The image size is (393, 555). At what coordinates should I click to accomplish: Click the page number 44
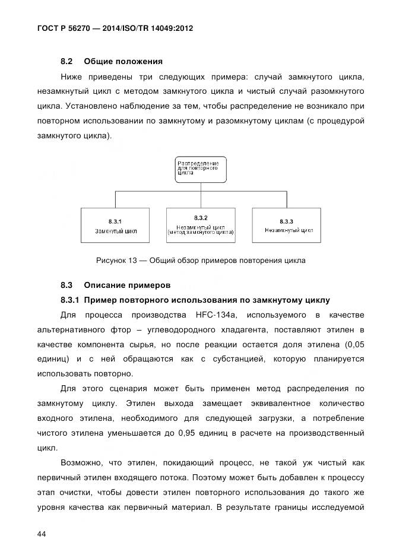42,518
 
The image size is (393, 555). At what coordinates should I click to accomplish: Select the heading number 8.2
66,61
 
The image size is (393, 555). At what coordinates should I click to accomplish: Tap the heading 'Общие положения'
123,61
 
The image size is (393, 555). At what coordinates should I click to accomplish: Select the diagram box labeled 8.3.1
115,225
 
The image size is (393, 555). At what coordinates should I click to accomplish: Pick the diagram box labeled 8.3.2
200,225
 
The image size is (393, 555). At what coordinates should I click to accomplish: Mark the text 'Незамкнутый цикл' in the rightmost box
289,230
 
